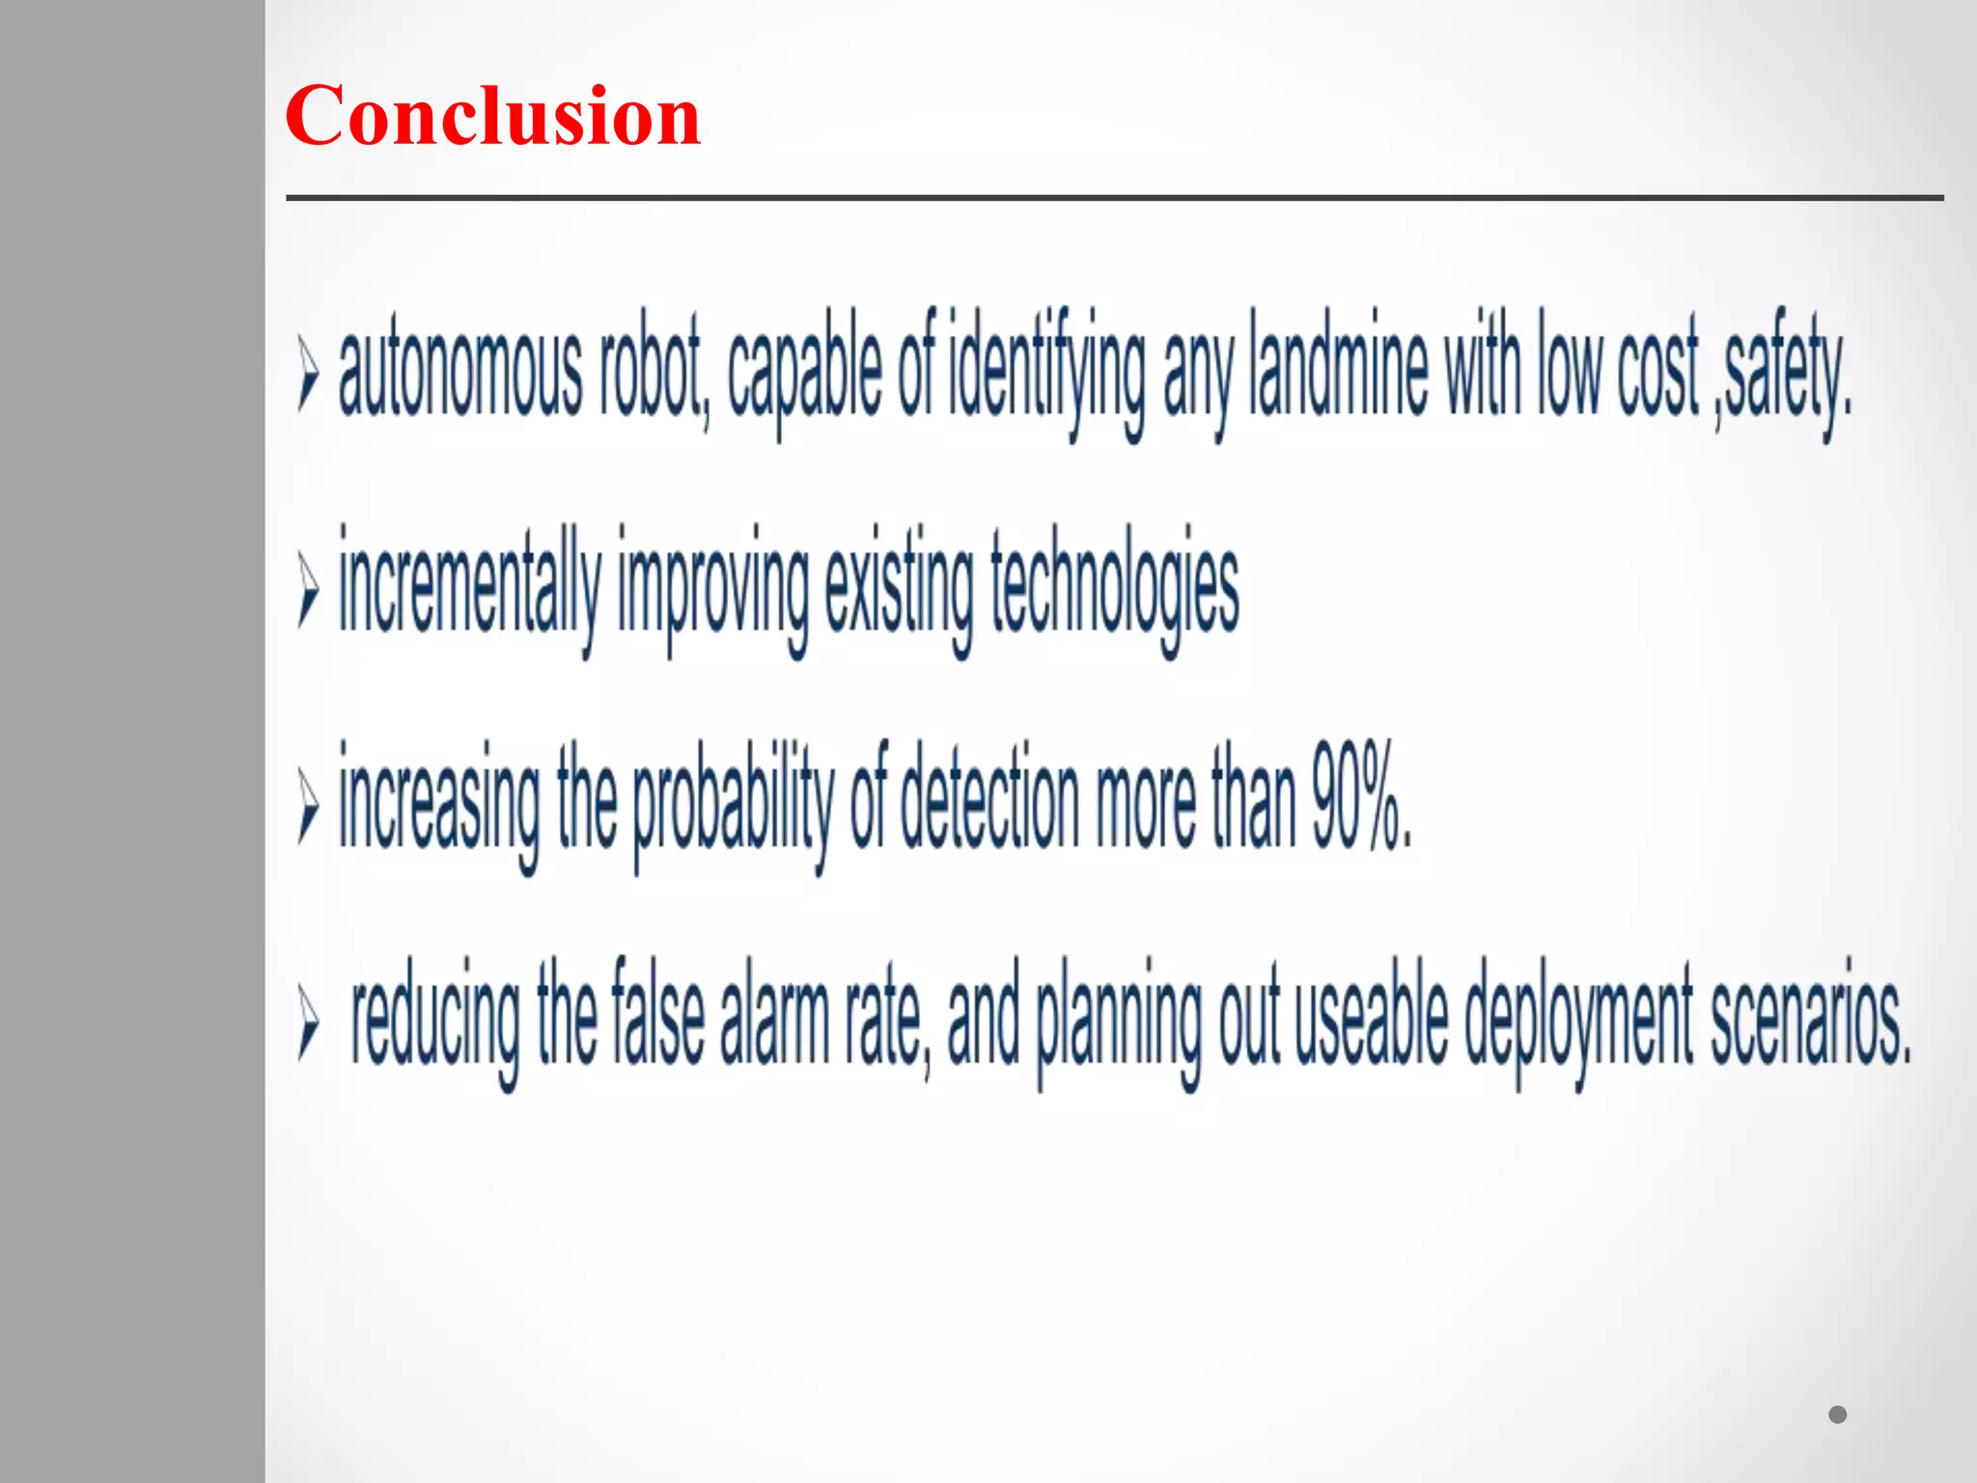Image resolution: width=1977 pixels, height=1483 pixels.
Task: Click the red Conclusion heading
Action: click(492, 116)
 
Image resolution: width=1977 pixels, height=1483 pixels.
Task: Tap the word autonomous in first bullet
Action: click(460, 372)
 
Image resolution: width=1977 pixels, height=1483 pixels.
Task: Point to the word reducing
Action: click(435, 1019)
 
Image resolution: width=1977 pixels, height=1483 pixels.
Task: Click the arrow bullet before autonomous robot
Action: click(308, 375)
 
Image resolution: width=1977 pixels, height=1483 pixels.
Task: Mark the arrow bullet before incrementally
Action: click(308, 590)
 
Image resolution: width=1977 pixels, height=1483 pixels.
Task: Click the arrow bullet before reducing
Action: click(308, 1022)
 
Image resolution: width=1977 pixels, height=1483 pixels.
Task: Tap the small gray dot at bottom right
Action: click(1837, 1414)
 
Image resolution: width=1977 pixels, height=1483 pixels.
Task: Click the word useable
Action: click(1371, 1019)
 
